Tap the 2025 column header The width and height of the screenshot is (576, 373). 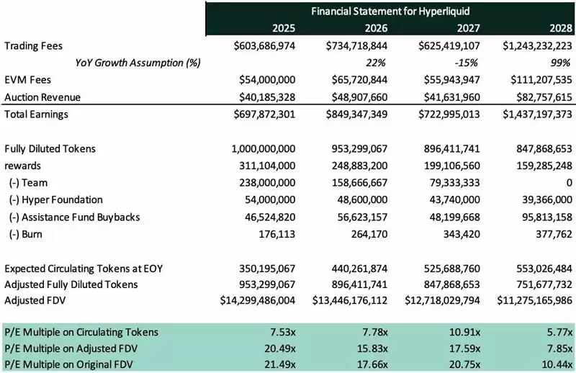280,29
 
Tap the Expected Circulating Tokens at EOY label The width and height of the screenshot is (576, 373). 84,268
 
